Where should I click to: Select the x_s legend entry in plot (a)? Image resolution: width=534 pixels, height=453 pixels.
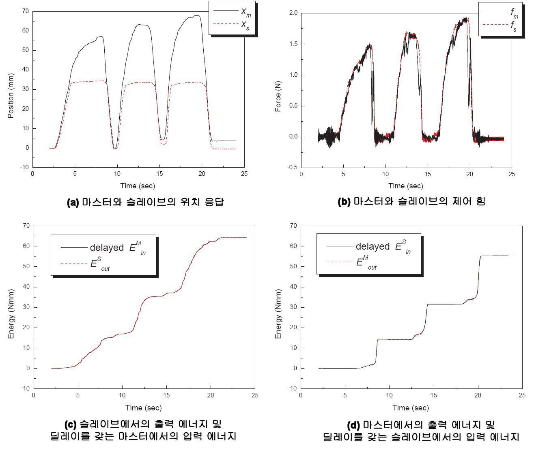pyautogui.click(x=232, y=25)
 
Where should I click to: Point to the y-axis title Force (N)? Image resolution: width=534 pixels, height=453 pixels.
pyautogui.click(x=278, y=96)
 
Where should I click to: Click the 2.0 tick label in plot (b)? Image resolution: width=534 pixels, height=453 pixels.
pyautogui.click(x=293, y=13)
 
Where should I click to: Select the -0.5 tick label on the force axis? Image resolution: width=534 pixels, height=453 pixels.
pyautogui.click(x=292, y=167)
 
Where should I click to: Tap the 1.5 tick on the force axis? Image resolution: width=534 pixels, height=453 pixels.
pyautogui.click(x=293, y=44)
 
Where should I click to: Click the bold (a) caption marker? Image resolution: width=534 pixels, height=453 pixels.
pyautogui.click(x=73, y=202)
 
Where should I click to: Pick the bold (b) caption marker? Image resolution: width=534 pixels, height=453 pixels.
pyautogui.click(x=344, y=202)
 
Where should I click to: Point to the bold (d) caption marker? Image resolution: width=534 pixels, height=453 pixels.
pyautogui.click(x=353, y=425)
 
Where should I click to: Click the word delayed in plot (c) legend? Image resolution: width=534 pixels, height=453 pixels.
pyautogui.click(x=107, y=248)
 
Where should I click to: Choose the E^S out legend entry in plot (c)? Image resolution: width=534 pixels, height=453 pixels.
pyautogui.click(x=85, y=264)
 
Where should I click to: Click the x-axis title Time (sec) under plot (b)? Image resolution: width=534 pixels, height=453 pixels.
pyautogui.click(x=406, y=186)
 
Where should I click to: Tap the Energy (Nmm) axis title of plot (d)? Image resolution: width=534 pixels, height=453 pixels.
pyautogui.click(x=278, y=314)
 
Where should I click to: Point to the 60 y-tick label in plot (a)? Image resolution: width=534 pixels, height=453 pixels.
pyautogui.click(x=25, y=30)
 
